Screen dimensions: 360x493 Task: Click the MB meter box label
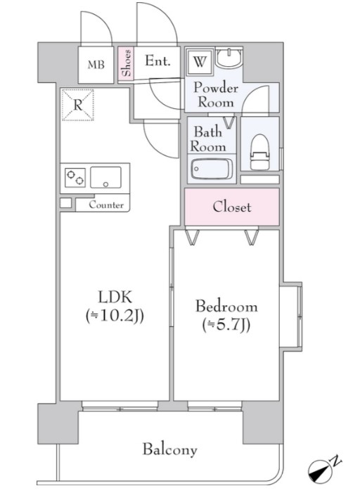pyautogui.click(x=96, y=65)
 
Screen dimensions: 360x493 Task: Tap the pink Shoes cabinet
pyautogui.click(x=126, y=65)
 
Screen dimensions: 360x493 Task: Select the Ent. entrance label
pyautogui.click(x=157, y=60)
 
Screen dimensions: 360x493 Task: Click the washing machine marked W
pyautogui.click(x=200, y=61)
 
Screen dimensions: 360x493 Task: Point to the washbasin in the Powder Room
pyautogui.click(x=229, y=58)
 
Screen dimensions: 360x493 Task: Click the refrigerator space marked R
pyautogui.click(x=78, y=105)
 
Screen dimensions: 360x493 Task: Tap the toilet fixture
pyautogui.click(x=260, y=152)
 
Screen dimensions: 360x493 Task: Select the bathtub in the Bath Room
pyautogui.click(x=212, y=169)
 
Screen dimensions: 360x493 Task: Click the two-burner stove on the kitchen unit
pyautogui.click(x=75, y=178)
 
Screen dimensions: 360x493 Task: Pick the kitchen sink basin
pyautogui.click(x=106, y=177)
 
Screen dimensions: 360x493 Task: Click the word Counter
pyautogui.click(x=106, y=205)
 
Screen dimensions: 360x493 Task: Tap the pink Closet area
pyautogui.click(x=232, y=207)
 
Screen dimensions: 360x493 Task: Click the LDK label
pyautogui.click(x=115, y=297)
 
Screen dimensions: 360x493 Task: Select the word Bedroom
pyautogui.click(x=226, y=306)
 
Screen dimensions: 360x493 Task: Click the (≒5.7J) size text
pyautogui.click(x=226, y=325)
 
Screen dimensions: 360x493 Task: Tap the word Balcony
pyautogui.click(x=170, y=449)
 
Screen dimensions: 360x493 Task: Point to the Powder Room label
pyautogui.click(x=215, y=95)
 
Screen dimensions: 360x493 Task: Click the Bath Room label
pyautogui.click(x=208, y=139)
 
